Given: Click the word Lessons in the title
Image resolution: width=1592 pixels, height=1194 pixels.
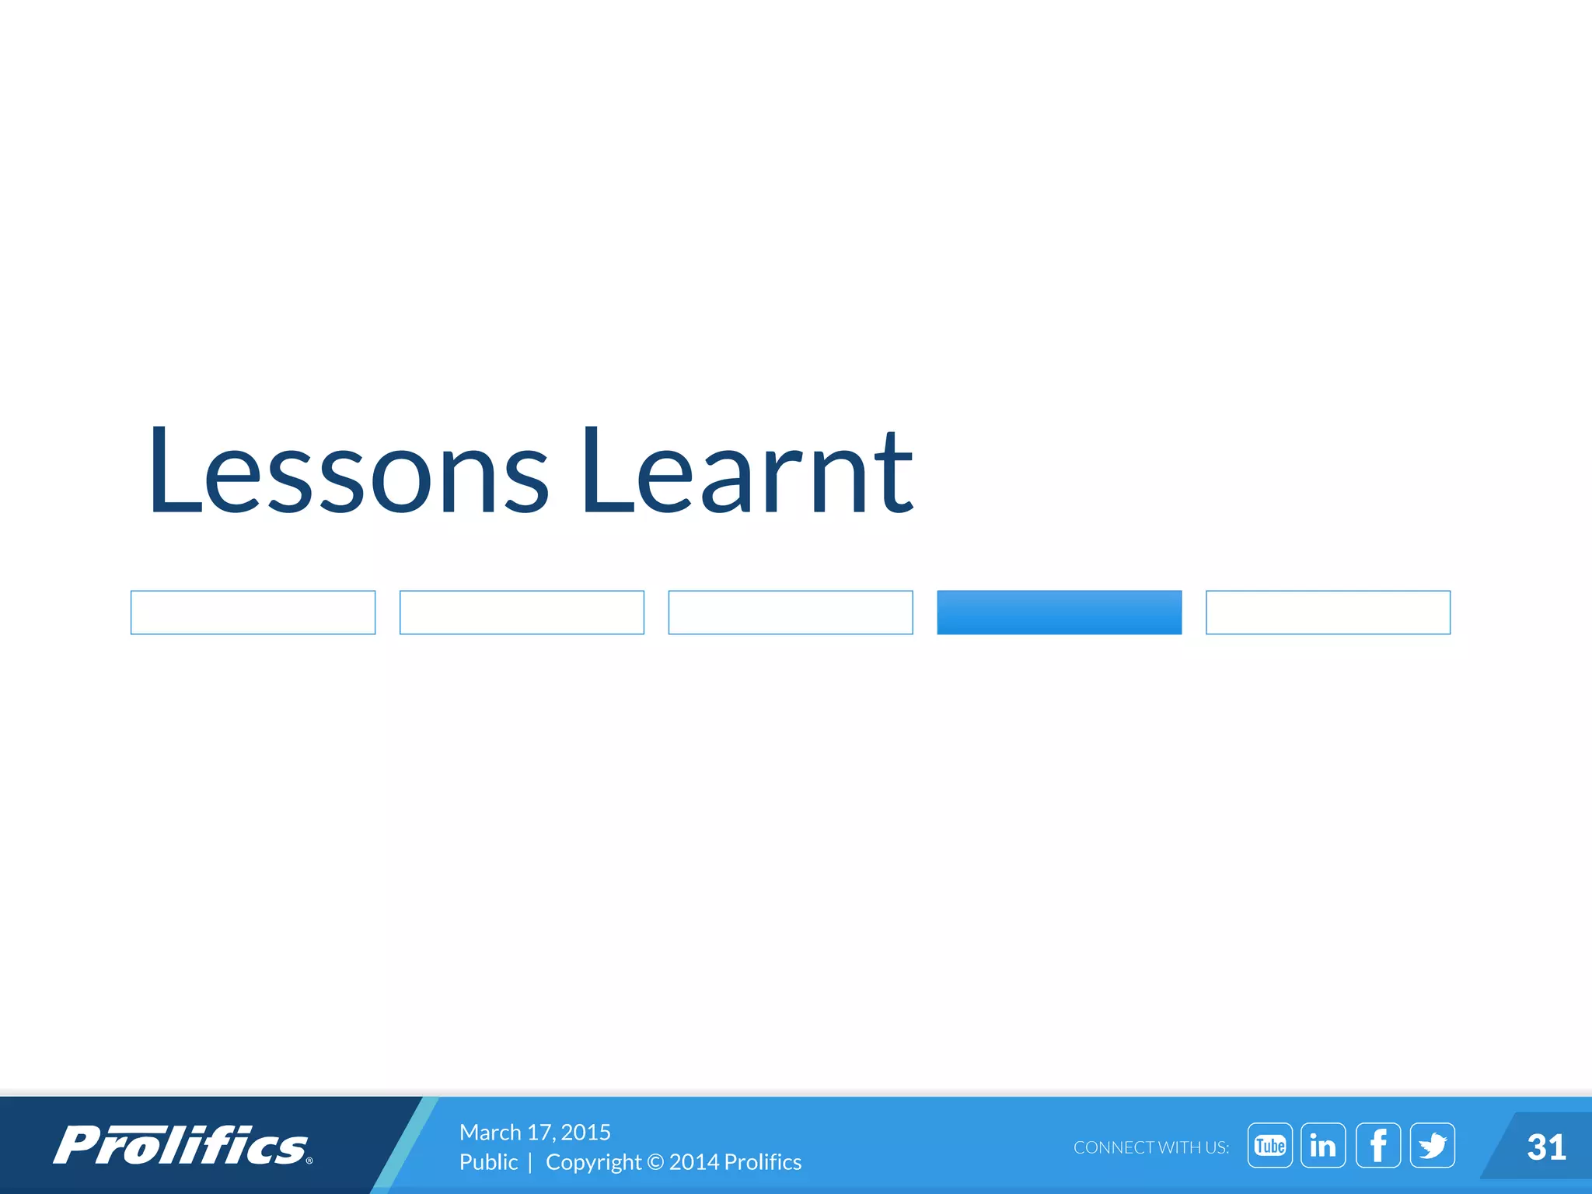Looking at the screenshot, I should coord(348,473).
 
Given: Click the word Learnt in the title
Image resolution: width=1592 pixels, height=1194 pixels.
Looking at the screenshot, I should coord(746,473).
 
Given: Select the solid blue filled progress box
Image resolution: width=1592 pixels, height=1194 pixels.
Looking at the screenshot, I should coord(1059,613).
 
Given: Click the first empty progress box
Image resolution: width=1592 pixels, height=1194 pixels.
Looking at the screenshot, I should coord(253,613).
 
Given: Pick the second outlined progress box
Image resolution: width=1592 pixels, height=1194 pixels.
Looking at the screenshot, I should coord(522,613).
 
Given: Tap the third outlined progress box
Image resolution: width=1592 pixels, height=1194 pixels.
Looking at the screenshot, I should coord(791,613).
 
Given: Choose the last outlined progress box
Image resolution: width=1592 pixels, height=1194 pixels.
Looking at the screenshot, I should coord(1328,613).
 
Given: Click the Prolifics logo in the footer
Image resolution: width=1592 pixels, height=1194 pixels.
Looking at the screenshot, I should coord(180,1146).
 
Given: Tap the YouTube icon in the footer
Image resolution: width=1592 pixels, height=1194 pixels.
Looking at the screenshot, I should coord(1269,1145).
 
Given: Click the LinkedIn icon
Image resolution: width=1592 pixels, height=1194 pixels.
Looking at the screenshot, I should coord(1322,1145).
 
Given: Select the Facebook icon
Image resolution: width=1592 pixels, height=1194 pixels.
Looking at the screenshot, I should coord(1377,1145).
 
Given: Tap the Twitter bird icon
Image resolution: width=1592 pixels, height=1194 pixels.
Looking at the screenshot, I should coord(1432,1145).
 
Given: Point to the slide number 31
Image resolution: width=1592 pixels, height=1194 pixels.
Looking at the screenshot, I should coord(1545,1147).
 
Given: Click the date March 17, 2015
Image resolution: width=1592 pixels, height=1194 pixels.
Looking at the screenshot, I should coord(535,1132).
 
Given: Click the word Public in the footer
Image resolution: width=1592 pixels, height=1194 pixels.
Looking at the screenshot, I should coord(488,1162).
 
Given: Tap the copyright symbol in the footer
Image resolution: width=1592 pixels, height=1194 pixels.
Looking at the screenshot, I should coord(655,1162).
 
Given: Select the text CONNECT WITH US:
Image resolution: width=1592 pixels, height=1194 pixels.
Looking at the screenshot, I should coord(1150,1147).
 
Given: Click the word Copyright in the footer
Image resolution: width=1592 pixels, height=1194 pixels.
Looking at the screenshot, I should coord(593,1162).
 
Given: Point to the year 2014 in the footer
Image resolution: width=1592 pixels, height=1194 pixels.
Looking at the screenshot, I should coord(693,1162).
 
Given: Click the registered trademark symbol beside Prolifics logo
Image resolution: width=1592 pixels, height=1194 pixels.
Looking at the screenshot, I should coord(309,1161).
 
